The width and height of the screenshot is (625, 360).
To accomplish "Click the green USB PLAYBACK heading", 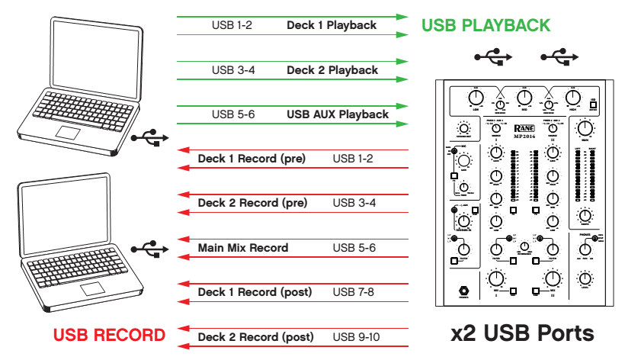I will (x=486, y=25).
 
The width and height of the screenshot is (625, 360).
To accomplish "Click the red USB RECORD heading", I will (x=109, y=335).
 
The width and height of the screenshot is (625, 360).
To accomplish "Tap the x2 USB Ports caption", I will (x=522, y=333).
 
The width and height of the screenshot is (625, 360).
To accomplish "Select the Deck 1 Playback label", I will (x=332, y=25).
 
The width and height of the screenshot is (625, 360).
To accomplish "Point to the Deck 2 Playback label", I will (x=332, y=70).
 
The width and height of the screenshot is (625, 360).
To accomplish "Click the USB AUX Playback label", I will (x=338, y=114).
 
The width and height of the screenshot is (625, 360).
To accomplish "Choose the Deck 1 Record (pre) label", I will (x=252, y=159).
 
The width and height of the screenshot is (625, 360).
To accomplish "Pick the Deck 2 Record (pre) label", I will (x=252, y=204).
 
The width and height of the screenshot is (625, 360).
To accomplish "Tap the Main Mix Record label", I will (x=243, y=248).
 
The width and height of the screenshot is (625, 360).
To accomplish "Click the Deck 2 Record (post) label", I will (x=255, y=336).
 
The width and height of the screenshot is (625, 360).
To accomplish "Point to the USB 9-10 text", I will (x=357, y=336).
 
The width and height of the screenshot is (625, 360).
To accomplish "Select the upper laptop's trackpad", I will (x=69, y=133).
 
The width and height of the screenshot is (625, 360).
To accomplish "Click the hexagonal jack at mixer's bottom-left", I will (x=462, y=291).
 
